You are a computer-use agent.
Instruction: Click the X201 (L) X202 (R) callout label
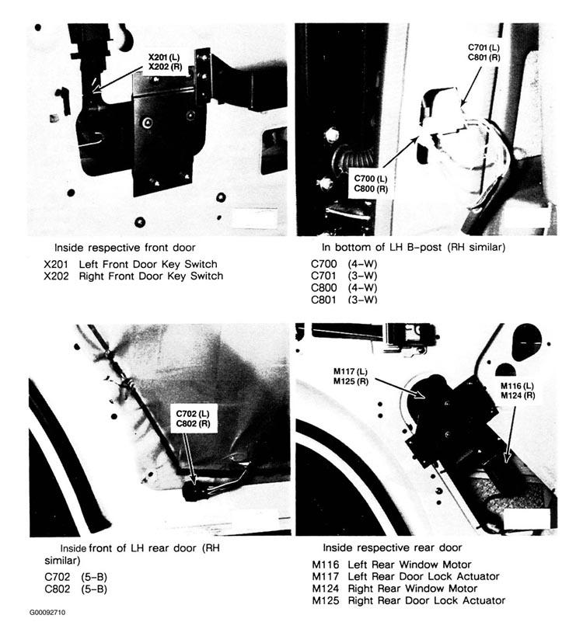[166, 61]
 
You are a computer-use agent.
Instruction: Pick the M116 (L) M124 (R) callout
[517, 391]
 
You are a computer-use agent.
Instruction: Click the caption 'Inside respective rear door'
[393, 547]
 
